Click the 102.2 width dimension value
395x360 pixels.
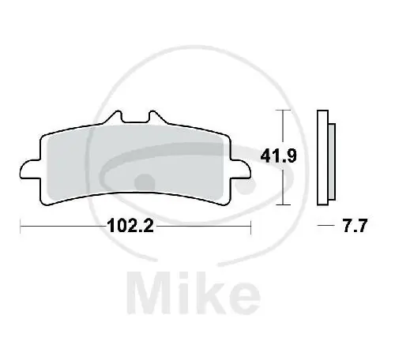tap(130, 226)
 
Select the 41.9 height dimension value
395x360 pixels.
tap(278, 156)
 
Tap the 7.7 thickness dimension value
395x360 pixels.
tap(355, 226)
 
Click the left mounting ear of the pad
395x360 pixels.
tap(30, 170)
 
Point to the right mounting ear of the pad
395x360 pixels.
tap(241, 170)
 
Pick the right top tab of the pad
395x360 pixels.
tap(157, 117)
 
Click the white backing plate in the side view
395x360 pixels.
tap(322, 157)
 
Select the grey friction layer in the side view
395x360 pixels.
tap(332, 162)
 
